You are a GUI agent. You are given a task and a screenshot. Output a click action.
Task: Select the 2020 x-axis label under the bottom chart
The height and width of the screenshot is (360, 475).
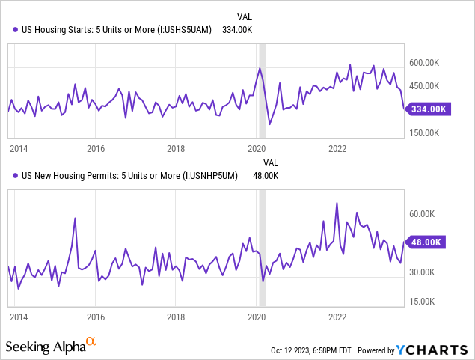[x=257, y=317]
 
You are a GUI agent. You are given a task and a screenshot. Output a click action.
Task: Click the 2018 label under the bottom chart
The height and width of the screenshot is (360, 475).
[x=177, y=317]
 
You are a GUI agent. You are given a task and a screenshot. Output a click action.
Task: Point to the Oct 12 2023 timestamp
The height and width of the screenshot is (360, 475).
[x=313, y=350]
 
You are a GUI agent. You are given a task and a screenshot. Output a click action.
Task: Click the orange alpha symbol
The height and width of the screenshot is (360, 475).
[x=91, y=342]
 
